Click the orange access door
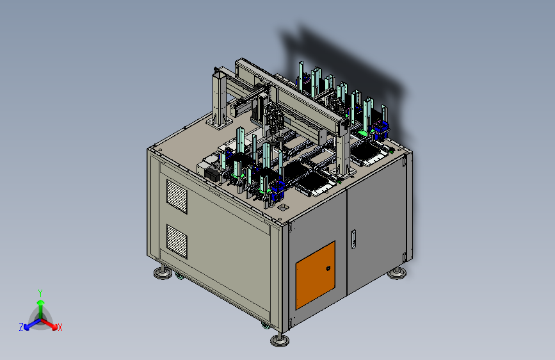click(316, 275)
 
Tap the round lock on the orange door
click(328, 268)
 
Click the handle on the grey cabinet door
click(353, 239)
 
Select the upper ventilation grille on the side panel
click(177, 197)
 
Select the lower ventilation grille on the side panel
click(177, 241)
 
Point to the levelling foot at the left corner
click(163, 272)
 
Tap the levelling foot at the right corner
click(397, 273)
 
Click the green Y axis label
click(40, 293)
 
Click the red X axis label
click(60, 328)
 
